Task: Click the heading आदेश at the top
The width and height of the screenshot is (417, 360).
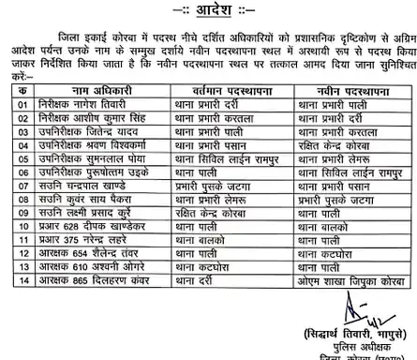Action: tap(207, 9)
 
